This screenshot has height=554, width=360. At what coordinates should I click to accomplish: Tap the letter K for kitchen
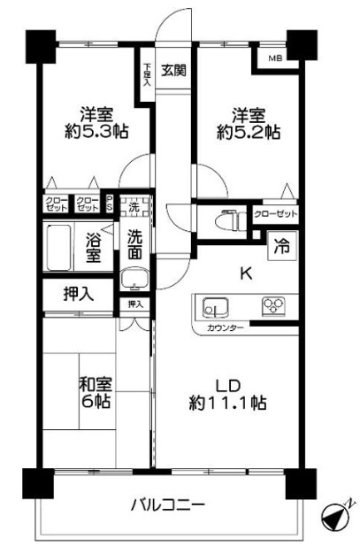click(x=246, y=273)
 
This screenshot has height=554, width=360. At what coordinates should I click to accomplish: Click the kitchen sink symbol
click(x=214, y=307)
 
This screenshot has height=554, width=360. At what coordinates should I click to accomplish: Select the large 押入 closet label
click(x=76, y=294)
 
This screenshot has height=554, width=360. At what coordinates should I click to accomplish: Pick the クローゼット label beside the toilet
click(x=275, y=213)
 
